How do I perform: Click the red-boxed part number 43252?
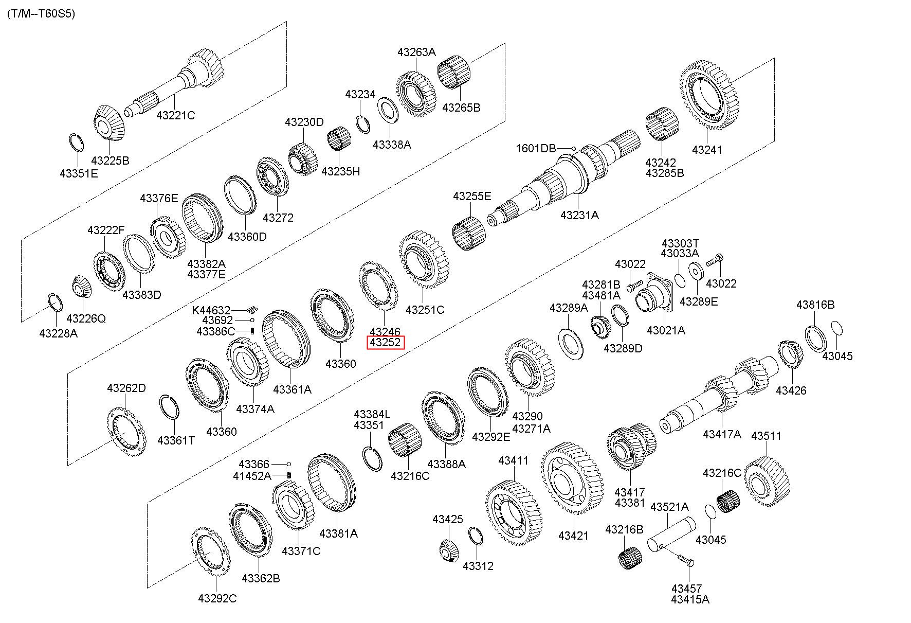coord(385,343)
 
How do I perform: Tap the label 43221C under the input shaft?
coord(176,115)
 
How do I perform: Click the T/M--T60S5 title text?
coord(41,14)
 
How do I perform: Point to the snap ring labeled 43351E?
coord(77,142)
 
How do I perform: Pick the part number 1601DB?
coord(536,149)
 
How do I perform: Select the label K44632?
coord(211,310)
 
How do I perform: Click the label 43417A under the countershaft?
coord(722,434)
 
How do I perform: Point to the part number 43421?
coord(574,536)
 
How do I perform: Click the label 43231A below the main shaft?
coord(579,215)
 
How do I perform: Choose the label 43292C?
coord(217,598)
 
